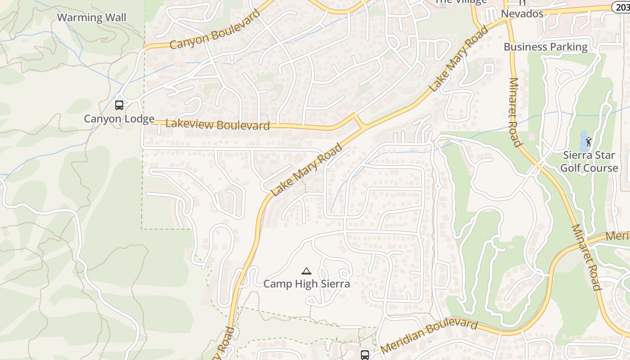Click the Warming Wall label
tap(92, 18)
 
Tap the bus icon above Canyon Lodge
tap(119, 105)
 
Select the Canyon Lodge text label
tap(119, 119)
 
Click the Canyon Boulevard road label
tap(215, 30)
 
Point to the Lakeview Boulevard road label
tap(218, 125)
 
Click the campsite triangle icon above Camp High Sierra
tap(306, 271)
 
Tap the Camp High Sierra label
tap(306, 284)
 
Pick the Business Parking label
tap(545, 47)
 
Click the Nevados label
tap(522, 13)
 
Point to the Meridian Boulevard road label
tap(429, 336)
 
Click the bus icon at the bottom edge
tap(365, 355)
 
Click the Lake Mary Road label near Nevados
tap(459, 59)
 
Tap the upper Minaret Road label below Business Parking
tap(515, 112)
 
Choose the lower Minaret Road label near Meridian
tap(586, 257)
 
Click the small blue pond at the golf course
tap(584, 140)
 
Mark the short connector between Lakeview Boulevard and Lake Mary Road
tap(359, 121)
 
